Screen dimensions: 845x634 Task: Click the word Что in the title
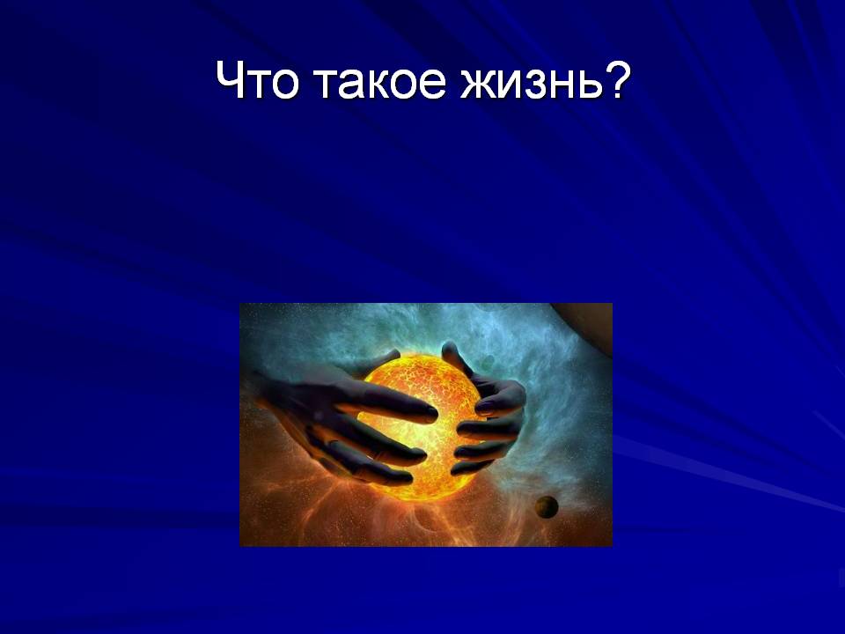(x=257, y=80)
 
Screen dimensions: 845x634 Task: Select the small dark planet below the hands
(x=547, y=507)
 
